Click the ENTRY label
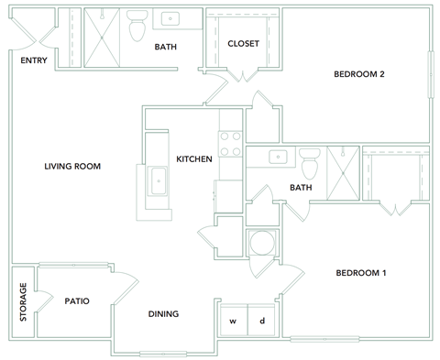point(35,60)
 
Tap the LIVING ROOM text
point(72,166)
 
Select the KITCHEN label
point(194,158)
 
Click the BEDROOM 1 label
point(360,273)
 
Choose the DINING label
point(163,314)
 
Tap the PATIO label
point(76,300)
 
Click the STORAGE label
point(23,302)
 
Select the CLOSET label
point(243,43)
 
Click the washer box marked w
point(233,322)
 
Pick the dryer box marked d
point(262,322)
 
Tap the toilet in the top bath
point(138,28)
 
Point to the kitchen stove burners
point(230,146)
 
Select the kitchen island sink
point(159,180)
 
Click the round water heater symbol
point(261,245)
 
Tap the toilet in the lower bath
point(309,164)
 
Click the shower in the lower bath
point(343,172)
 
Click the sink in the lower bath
point(277,157)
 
